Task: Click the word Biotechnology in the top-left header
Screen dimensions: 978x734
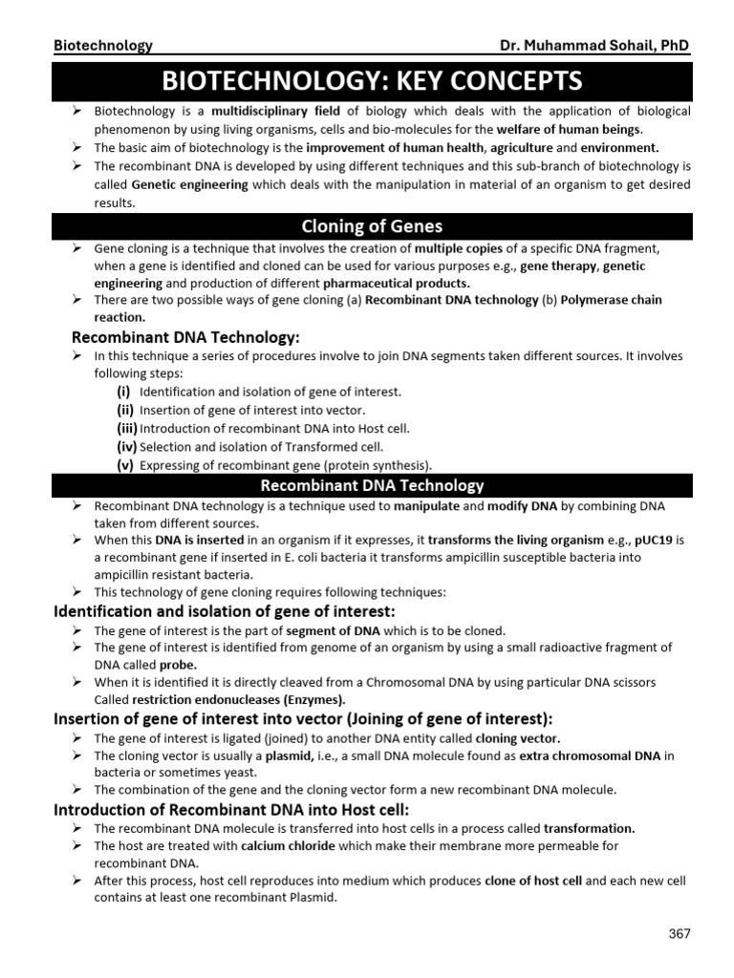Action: [x=102, y=45]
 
